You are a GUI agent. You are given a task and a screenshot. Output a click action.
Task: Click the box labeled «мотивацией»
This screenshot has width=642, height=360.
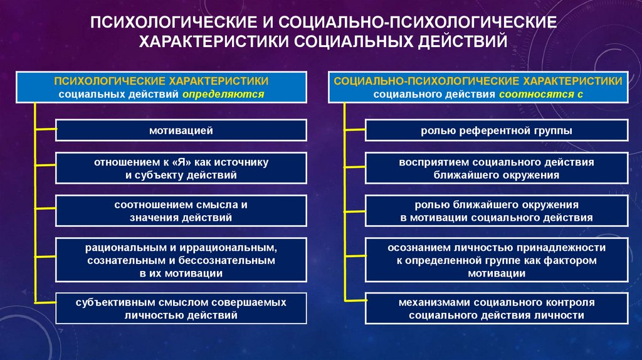(x=181, y=130)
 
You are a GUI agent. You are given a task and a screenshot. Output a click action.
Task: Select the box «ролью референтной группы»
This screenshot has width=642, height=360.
(x=496, y=130)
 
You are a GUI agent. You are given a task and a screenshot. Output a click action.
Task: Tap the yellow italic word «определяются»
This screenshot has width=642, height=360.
(x=224, y=94)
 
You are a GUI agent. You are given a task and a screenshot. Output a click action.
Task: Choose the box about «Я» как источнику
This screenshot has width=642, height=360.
(x=181, y=169)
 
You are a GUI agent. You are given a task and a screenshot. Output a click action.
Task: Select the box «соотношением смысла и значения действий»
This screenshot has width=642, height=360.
(x=181, y=211)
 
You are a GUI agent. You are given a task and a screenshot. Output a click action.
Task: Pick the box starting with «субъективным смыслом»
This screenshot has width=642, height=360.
(x=181, y=309)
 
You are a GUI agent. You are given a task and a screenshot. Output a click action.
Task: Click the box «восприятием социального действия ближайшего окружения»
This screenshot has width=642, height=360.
(x=496, y=169)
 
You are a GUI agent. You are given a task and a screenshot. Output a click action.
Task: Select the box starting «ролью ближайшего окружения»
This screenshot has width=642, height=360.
(x=496, y=211)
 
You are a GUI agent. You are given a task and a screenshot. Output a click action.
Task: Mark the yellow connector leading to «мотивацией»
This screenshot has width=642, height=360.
(x=46, y=130)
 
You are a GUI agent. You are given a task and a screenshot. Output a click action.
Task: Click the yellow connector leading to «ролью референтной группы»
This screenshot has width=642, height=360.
(x=355, y=130)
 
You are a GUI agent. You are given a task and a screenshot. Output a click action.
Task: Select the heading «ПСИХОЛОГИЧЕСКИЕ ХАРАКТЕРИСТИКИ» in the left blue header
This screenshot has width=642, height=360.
(x=161, y=81)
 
